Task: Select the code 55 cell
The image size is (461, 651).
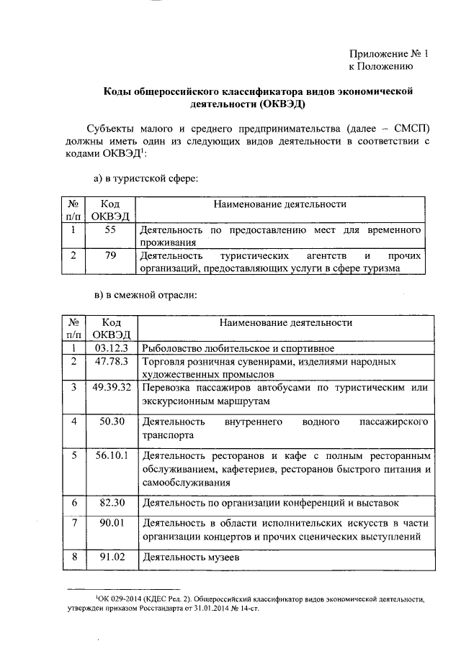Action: (110, 230)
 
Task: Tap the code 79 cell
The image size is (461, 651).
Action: (110, 255)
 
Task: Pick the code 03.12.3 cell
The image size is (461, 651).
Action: (110, 348)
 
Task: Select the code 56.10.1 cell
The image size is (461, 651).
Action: (110, 455)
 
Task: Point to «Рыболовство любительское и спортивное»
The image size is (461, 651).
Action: (230, 349)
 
